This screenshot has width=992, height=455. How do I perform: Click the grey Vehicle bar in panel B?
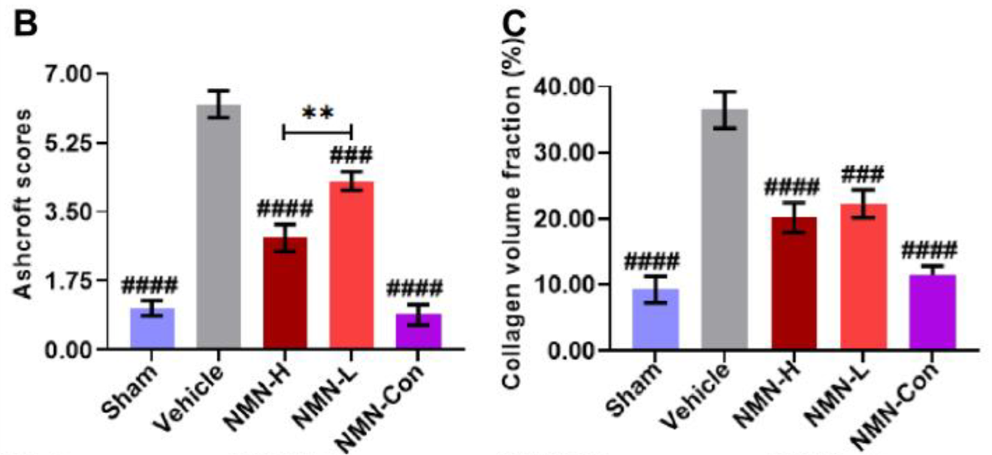click(x=219, y=229)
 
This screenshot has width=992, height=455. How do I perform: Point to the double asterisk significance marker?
click(x=317, y=113)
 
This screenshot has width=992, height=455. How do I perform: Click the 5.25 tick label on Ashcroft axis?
click(x=66, y=143)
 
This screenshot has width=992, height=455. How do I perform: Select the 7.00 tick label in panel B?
click(x=66, y=74)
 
